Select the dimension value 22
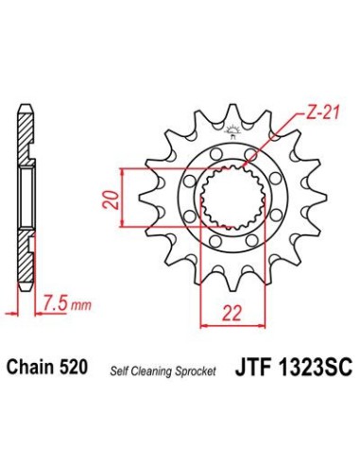(231, 313)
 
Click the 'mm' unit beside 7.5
(80, 305)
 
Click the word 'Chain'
(29, 367)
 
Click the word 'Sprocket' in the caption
(195, 371)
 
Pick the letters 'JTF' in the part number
(252, 367)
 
